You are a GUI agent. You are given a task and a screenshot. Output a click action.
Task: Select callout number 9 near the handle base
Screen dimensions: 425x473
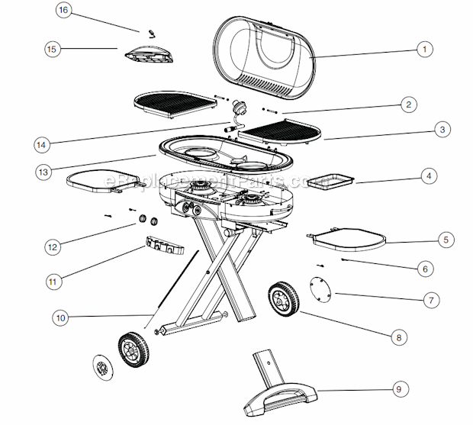click(397, 389)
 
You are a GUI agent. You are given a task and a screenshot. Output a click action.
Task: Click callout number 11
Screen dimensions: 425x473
click(52, 281)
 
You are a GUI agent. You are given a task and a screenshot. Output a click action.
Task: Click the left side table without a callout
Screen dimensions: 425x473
click(101, 182)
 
